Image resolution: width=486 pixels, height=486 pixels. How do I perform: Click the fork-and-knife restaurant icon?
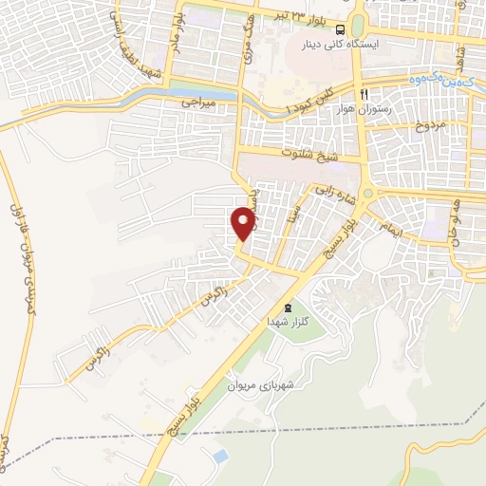364,95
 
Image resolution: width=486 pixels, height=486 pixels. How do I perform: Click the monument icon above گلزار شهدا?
288,308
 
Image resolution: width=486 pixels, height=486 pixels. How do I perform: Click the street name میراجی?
200,99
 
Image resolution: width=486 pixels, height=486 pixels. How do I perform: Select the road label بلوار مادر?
175,33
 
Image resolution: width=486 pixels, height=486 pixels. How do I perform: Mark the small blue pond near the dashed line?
220,457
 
